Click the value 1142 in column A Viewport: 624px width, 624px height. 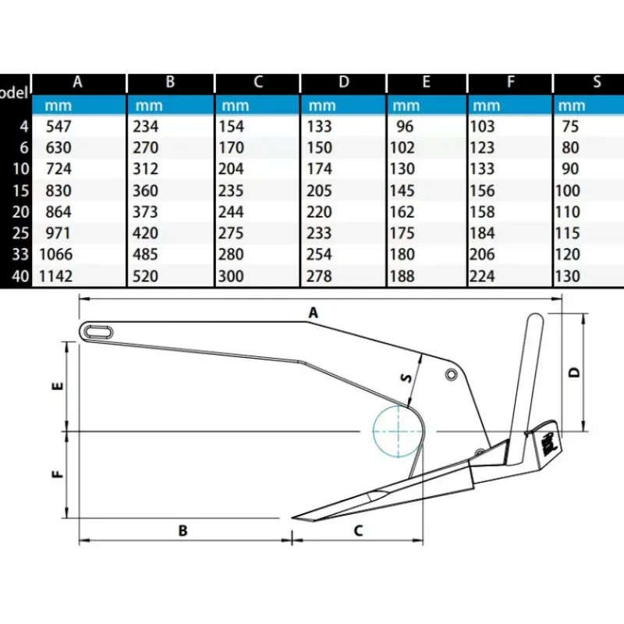(x=55, y=276)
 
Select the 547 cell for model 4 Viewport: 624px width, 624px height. (x=58, y=126)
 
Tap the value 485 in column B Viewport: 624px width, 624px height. (x=145, y=254)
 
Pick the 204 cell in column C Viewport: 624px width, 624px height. (x=231, y=168)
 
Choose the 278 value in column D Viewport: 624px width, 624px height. (x=319, y=276)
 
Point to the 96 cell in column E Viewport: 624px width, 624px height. (x=405, y=126)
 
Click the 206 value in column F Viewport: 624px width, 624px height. (x=482, y=254)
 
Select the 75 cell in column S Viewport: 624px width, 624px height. (x=570, y=126)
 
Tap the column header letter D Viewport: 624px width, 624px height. (x=343, y=82)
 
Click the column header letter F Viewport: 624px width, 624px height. (x=511, y=82)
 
